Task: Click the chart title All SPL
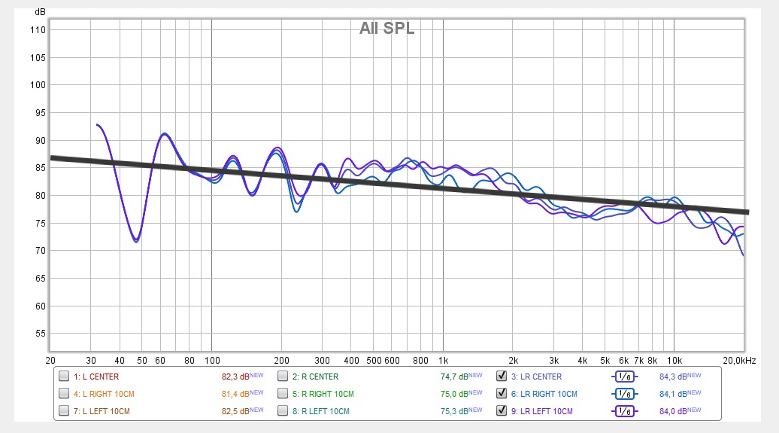[x=386, y=29]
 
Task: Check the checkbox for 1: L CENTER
[x=64, y=377]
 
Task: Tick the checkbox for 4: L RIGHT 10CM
[x=64, y=394]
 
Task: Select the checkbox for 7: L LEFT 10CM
[x=64, y=411]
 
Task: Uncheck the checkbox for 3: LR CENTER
[x=502, y=377]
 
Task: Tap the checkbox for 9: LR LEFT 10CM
[x=502, y=411]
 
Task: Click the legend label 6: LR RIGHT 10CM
[x=544, y=394]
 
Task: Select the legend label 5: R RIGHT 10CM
[x=322, y=394]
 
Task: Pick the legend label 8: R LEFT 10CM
[x=320, y=411]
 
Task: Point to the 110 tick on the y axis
[x=38, y=30]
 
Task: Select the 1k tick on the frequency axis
[x=444, y=360]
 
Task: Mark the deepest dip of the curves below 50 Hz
[x=136, y=241]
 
